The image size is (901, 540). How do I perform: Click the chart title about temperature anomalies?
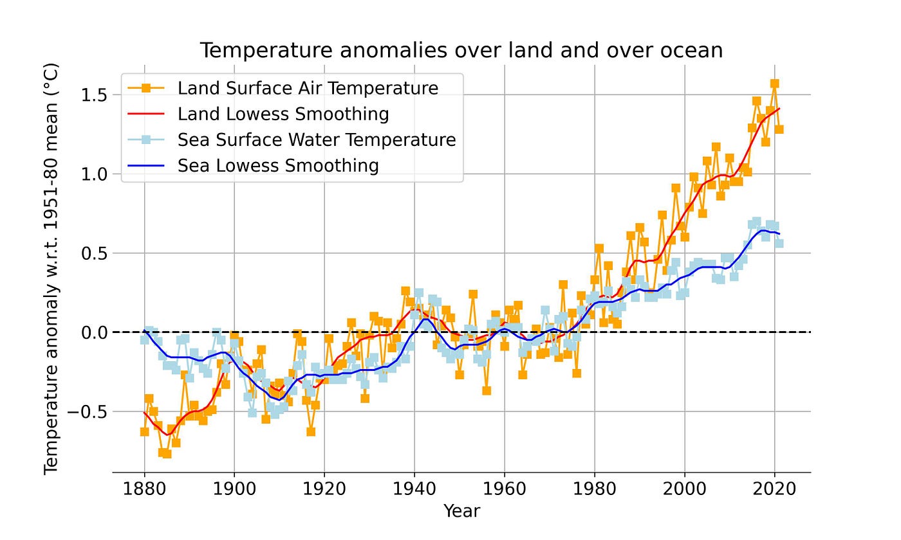[461, 51]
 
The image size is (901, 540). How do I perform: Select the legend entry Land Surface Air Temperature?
[308, 88]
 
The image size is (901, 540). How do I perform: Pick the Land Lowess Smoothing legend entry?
[283, 114]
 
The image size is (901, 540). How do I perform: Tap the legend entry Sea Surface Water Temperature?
[317, 140]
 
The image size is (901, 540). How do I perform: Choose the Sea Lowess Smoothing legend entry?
[278, 166]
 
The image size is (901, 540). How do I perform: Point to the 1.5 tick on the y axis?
[94, 95]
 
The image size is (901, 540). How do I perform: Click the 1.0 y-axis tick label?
[94, 174]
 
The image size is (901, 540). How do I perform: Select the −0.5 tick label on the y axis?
[88, 412]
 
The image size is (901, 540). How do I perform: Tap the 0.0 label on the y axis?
[94, 333]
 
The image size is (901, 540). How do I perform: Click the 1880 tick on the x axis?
[144, 489]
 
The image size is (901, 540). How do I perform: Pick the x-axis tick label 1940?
[414, 489]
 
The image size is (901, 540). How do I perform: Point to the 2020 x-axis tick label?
[774, 489]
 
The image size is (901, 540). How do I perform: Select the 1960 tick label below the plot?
[505, 489]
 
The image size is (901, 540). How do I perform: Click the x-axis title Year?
[462, 511]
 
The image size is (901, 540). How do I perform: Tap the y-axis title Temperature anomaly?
[51, 269]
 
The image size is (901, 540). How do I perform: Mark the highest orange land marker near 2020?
[775, 84]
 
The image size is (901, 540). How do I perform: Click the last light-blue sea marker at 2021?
[779, 244]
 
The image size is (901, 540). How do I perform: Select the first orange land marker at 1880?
[144, 432]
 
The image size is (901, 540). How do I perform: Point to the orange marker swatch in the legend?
[146, 88]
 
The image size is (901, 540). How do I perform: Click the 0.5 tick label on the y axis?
[94, 253]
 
